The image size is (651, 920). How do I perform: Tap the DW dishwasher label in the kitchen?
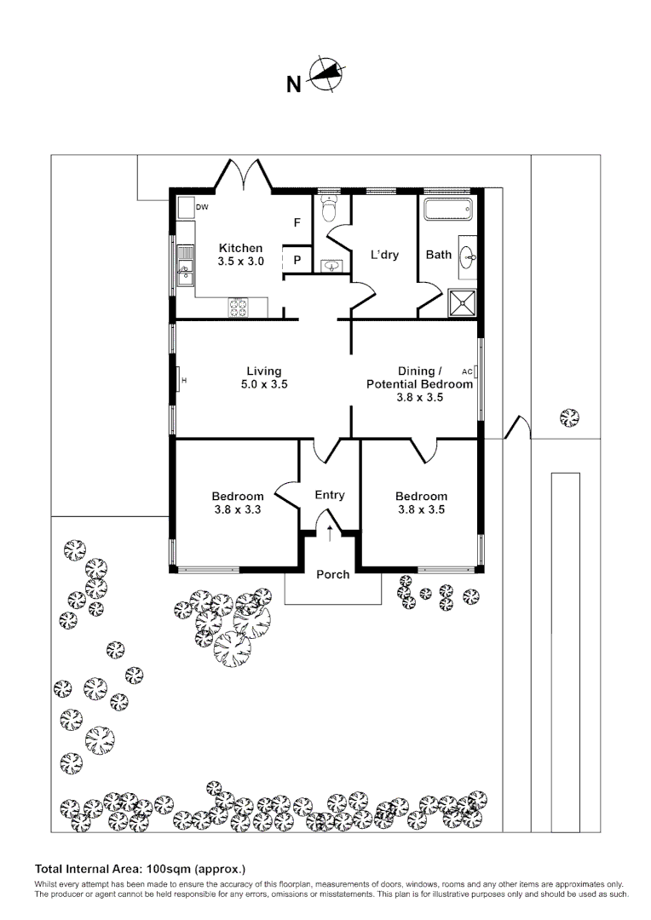point(202,207)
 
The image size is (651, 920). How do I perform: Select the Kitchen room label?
point(240,249)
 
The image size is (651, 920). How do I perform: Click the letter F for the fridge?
point(297,223)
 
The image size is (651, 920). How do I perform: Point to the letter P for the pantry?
point(297,261)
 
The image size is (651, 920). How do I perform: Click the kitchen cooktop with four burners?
point(238,307)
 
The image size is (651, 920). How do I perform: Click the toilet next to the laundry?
point(331,210)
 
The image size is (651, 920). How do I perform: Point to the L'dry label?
point(384,255)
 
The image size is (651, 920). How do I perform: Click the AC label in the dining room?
point(466,371)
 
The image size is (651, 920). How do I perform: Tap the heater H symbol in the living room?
point(183,380)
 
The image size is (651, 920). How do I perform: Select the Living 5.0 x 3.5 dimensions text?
point(264,384)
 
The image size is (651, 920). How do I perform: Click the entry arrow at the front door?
point(330,533)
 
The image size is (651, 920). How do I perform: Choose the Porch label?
point(332,574)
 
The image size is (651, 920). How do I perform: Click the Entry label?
point(330,495)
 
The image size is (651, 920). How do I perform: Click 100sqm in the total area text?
point(169,870)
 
